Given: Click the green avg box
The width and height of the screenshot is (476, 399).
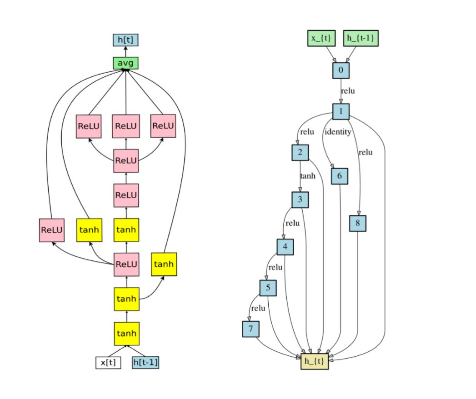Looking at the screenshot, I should (x=125, y=63).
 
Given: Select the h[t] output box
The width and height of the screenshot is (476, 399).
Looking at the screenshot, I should (x=125, y=40).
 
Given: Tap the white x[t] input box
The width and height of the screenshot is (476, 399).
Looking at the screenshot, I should (x=108, y=363).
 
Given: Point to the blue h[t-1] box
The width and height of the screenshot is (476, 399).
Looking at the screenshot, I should (x=145, y=363).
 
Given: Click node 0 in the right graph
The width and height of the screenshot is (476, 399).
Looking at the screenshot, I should (x=341, y=70).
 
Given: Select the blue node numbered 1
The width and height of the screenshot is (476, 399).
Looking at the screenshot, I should (x=341, y=111).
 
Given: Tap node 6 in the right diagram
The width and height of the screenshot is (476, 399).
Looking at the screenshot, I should (x=340, y=176).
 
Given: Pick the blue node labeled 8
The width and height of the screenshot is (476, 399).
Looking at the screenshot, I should (x=358, y=223).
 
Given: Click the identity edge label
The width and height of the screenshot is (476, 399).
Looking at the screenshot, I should (x=337, y=132).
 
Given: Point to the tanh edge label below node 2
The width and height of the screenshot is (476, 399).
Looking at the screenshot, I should (x=307, y=175).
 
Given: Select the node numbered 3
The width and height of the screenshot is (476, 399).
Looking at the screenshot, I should (x=300, y=199).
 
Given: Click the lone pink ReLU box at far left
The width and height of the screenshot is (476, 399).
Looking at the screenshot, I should (x=51, y=229).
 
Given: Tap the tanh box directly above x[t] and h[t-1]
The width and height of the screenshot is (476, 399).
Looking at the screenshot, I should (x=126, y=333).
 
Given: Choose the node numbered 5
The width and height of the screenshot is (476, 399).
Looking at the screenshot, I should (x=268, y=288).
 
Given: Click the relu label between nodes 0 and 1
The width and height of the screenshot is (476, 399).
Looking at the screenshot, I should (x=348, y=91).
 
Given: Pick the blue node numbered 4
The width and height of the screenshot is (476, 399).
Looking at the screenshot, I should (x=285, y=247).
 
